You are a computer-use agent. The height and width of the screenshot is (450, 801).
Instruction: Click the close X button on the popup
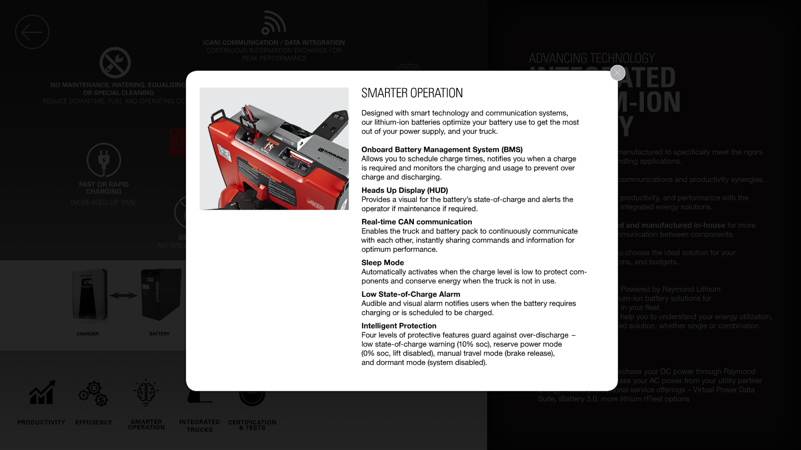pyautogui.click(x=617, y=73)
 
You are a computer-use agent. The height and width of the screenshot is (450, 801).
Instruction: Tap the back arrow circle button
pyautogui.click(x=32, y=32)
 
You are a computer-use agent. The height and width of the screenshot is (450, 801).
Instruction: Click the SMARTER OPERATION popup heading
pyautogui.click(x=412, y=93)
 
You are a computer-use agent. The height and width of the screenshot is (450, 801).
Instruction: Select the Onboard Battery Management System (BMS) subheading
pyautogui.click(x=441, y=150)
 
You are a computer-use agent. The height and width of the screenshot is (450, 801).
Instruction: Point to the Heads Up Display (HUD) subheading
pyautogui.click(x=404, y=190)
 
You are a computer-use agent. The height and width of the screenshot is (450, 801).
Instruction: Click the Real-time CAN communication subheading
pyautogui.click(x=416, y=222)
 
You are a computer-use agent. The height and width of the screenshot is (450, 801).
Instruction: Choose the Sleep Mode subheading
pyautogui.click(x=382, y=263)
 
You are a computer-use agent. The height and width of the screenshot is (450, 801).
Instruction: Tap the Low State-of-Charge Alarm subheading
pyautogui.click(x=411, y=294)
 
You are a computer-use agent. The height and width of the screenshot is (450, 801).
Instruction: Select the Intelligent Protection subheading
pyautogui.click(x=398, y=326)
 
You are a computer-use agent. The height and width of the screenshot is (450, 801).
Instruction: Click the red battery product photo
pyautogui.click(x=274, y=148)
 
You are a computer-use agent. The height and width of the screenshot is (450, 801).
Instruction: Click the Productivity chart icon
pyautogui.click(x=41, y=393)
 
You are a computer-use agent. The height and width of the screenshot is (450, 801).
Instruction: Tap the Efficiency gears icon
pyautogui.click(x=94, y=393)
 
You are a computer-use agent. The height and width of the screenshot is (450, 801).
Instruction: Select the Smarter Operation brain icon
pyautogui.click(x=146, y=392)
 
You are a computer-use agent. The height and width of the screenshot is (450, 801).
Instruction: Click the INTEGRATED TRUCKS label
pyautogui.click(x=199, y=426)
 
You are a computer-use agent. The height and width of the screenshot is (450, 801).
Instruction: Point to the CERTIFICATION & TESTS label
pyautogui.click(x=252, y=425)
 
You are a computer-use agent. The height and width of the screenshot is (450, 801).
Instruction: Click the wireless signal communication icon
pyautogui.click(x=273, y=23)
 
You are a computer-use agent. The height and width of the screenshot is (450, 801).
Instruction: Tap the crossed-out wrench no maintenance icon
pyautogui.click(x=115, y=63)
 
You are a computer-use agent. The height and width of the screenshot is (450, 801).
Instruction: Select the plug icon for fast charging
pyautogui.click(x=104, y=160)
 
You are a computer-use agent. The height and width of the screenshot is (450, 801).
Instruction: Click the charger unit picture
pyautogui.click(x=89, y=295)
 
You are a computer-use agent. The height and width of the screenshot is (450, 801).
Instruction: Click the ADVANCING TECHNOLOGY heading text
pyautogui.click(x=592, y=58)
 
